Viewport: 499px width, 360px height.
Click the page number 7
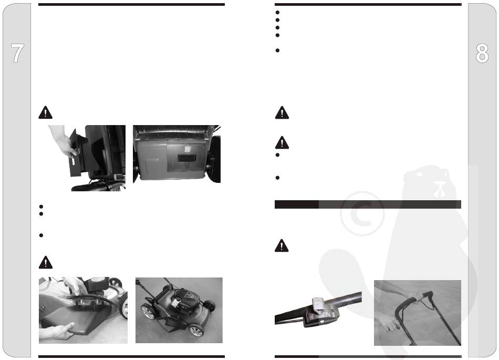click(17, 53)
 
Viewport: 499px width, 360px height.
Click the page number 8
click(482, 53)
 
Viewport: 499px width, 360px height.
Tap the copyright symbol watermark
click(362, 213)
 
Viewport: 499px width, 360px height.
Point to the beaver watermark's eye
click(420, 175)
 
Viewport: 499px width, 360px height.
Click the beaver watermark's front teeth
click(441, 191)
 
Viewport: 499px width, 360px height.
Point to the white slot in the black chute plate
click(73, 161)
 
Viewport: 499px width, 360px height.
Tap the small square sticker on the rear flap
click(188, 149)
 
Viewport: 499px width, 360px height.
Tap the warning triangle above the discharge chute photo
click(46, 112)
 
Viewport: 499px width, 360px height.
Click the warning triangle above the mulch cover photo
click(46, 262)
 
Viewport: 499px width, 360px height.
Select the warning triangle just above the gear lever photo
click(282, 245)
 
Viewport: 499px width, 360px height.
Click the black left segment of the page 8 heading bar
click(297, 204)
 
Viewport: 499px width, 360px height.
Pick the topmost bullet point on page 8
click(277, 13)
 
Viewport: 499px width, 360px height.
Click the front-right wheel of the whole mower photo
click(196, 331)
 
